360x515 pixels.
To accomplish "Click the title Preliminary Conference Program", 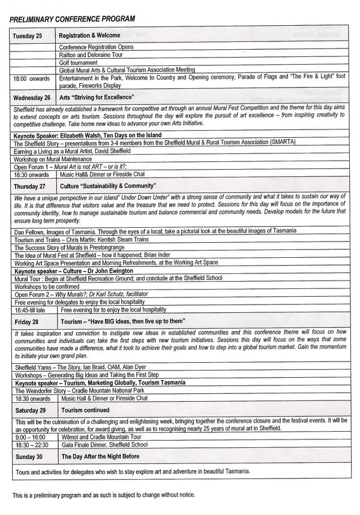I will [72, 19].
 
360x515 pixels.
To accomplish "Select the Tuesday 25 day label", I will [27, 36].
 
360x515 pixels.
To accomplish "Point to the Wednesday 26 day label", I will [32, 97].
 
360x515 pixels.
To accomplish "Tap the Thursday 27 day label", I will [30, 186].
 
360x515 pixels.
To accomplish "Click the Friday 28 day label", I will [26, 322].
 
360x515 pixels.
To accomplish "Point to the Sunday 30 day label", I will [28, 457].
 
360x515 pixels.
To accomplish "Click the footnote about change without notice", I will [103, 496].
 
